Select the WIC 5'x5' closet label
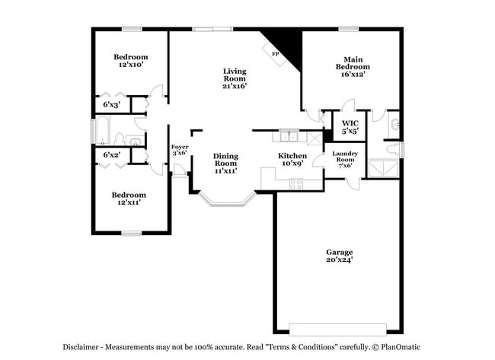[350, 127]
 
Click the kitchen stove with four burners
[295, 183]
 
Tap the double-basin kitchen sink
[288, 136]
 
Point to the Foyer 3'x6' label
[179, 150]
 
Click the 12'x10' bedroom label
[130, 61]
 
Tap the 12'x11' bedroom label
[130, 199]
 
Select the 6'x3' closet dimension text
[111, 104]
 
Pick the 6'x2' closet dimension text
[111, 155]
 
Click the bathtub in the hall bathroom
[101, 130]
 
